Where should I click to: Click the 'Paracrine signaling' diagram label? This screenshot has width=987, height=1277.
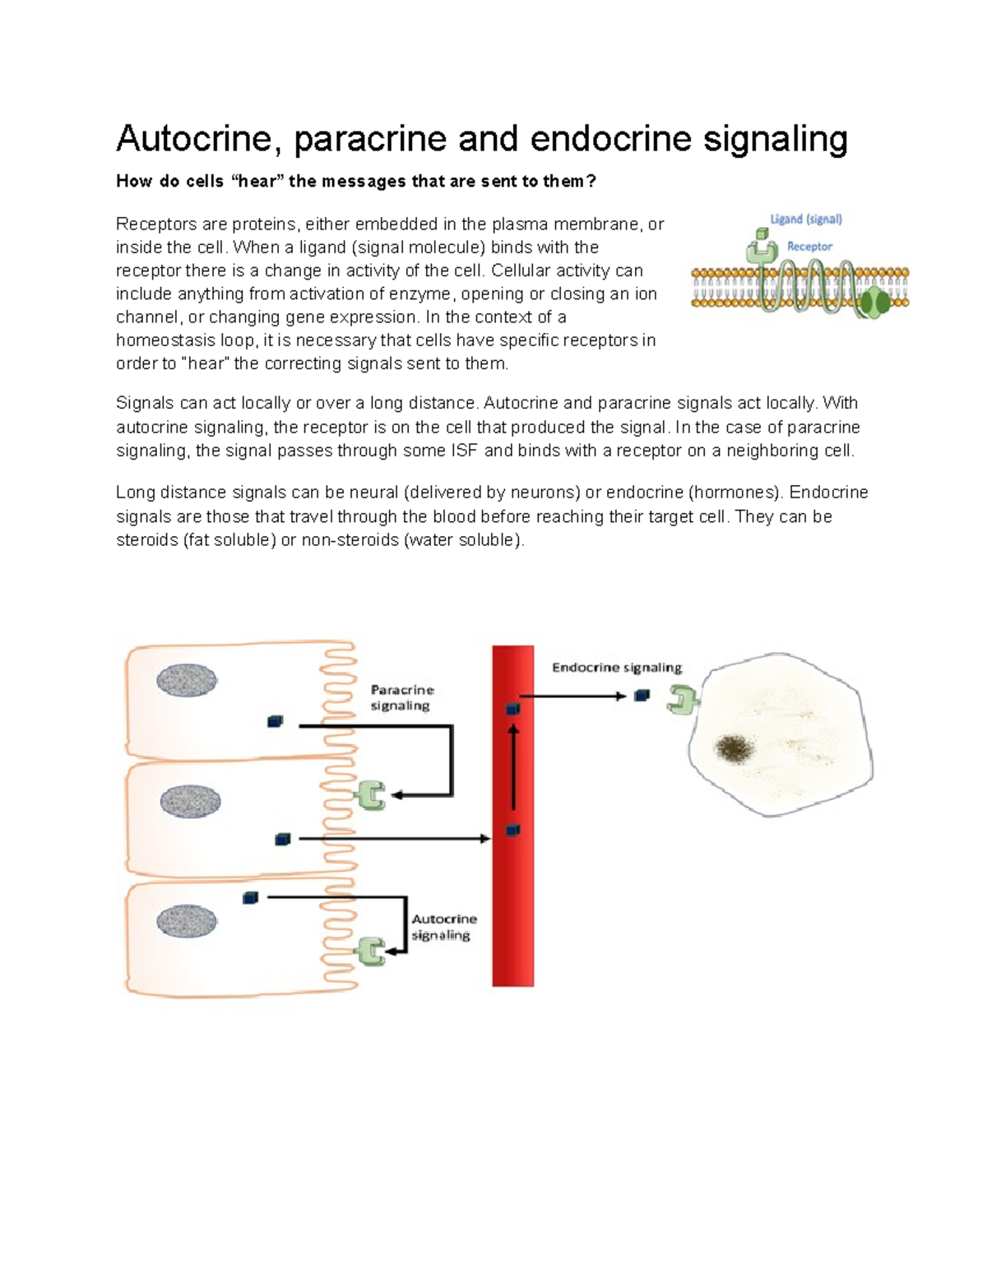point(401,697)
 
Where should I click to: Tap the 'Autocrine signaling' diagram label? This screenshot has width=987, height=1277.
point(443,927)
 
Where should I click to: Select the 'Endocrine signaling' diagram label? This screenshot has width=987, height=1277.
point(617,668)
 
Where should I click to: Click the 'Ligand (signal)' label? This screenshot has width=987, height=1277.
point(805,220)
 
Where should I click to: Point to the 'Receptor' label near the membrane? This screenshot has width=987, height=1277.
point(809,246)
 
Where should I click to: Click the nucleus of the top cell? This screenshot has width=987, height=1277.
point(187,681)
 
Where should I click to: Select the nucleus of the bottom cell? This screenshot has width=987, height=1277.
point(188,921)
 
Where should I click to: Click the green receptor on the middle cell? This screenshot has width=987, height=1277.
point(370,796)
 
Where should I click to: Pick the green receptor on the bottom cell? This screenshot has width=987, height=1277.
point(370,951)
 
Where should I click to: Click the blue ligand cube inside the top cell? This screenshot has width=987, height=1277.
point(275,721)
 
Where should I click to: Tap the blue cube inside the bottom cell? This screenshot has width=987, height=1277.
point(251,898)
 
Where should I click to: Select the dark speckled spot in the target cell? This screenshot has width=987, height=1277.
point(734,747)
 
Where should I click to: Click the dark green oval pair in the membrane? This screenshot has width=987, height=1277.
point(875,303)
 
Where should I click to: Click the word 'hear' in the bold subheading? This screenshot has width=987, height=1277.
point(255,182)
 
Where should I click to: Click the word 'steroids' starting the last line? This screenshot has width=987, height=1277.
point(146,540)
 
